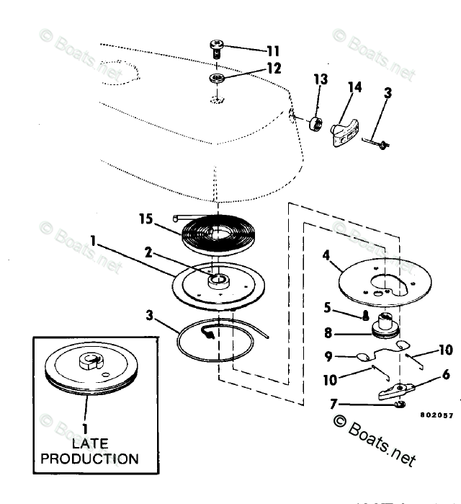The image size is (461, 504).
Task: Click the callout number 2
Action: coord(148,253)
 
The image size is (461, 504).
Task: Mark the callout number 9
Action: coord(328,355)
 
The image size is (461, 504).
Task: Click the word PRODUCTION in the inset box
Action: coord(89,458)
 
